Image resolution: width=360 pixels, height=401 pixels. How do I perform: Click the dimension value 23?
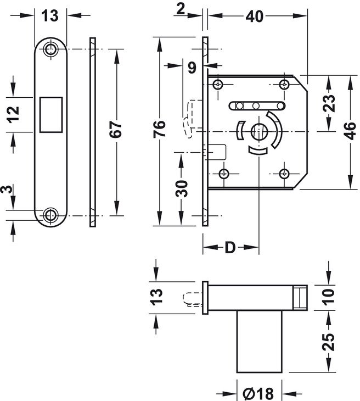click(x=329, y=104)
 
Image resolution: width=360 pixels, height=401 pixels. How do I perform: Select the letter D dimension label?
click(x=230, y=248)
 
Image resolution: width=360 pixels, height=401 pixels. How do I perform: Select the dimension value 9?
click(x=192, y=68)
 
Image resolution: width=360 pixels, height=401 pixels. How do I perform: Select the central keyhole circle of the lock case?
click(x=257, y=132)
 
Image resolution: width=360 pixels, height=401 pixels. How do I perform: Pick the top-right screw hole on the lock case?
click(x=284, y=85)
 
